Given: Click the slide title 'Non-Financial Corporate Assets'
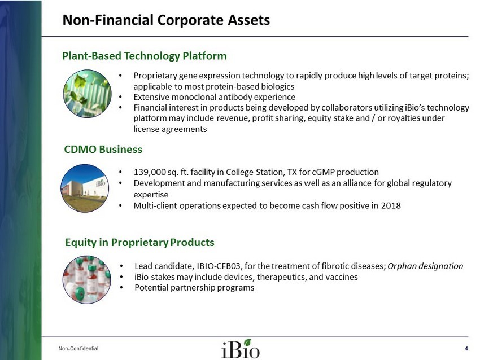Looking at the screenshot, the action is (166, 20).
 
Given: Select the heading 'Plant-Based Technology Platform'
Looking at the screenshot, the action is (145, 56).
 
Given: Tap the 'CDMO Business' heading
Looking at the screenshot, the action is (103, 150).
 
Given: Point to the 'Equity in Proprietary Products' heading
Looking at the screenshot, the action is (139, 242).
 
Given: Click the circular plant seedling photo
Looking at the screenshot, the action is (87, 94).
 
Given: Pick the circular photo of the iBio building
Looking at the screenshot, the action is (85, 188).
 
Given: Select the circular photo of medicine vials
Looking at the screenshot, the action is (87, 279).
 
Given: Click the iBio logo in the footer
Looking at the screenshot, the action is (241, 348).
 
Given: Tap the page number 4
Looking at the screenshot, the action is (466, 348).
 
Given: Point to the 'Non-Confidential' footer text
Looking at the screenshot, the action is (78, 348).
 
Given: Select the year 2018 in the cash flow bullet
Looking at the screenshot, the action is (391, 205).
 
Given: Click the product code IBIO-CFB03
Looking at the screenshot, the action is (219, 266).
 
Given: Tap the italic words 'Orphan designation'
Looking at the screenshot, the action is (426, 266).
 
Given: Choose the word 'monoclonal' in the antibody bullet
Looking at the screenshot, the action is (194, 97).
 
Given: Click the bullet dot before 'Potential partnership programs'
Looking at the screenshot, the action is (122, 288).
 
